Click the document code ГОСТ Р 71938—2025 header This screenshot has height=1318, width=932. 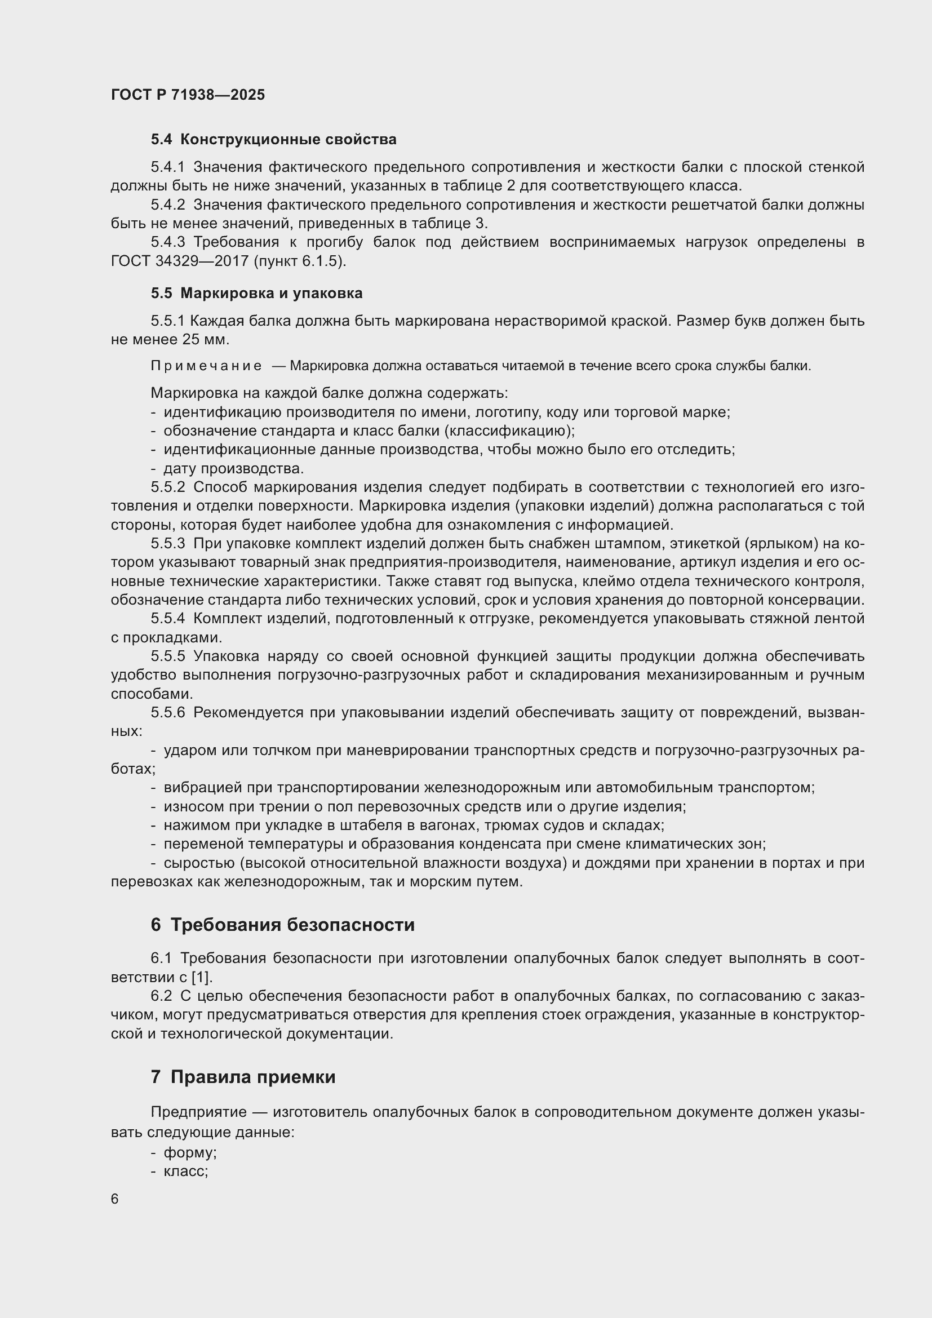(188, 95)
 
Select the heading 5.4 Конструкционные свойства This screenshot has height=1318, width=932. (274, 140)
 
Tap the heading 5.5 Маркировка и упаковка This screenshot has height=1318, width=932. (256, 294)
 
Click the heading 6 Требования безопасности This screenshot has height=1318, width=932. (282, 925)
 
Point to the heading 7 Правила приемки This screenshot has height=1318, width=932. (243, 1077)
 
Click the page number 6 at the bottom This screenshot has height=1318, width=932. (115, 1199)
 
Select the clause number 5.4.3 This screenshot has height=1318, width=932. (167, 242)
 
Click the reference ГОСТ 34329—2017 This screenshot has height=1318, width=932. (179, 261)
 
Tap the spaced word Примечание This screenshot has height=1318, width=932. (206, 366)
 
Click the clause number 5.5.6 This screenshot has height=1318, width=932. (167, 713)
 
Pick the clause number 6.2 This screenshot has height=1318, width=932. (161, 996)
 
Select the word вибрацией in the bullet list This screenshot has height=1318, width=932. (192, 788)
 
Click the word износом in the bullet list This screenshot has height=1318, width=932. (188, 806)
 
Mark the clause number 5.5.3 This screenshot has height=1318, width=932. (167, 544)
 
